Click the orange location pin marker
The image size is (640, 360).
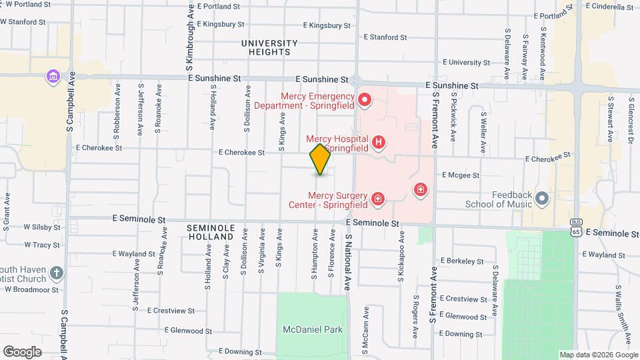(x=320, y=159)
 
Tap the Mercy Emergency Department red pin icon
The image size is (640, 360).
(x=365, y=101)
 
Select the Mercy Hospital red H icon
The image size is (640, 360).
(x=379, y=141)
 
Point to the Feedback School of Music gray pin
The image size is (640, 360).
(x=541, y=197)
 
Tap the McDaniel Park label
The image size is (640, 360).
(x=313, y=329)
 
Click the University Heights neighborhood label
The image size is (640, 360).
(x=266, y=47)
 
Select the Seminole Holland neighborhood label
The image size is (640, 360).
(x=211, y=232)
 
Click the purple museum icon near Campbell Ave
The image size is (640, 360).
(x=53, y=77)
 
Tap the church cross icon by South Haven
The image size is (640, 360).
(x=57, y=273)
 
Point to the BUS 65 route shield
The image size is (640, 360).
(x=577, y=227)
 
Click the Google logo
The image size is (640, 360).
(x=22, y=351)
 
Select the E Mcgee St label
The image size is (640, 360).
(x=460, y=175)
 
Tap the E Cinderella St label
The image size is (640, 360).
(x=609, y=7)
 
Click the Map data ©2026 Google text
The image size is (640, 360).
(x=598, y=355)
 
